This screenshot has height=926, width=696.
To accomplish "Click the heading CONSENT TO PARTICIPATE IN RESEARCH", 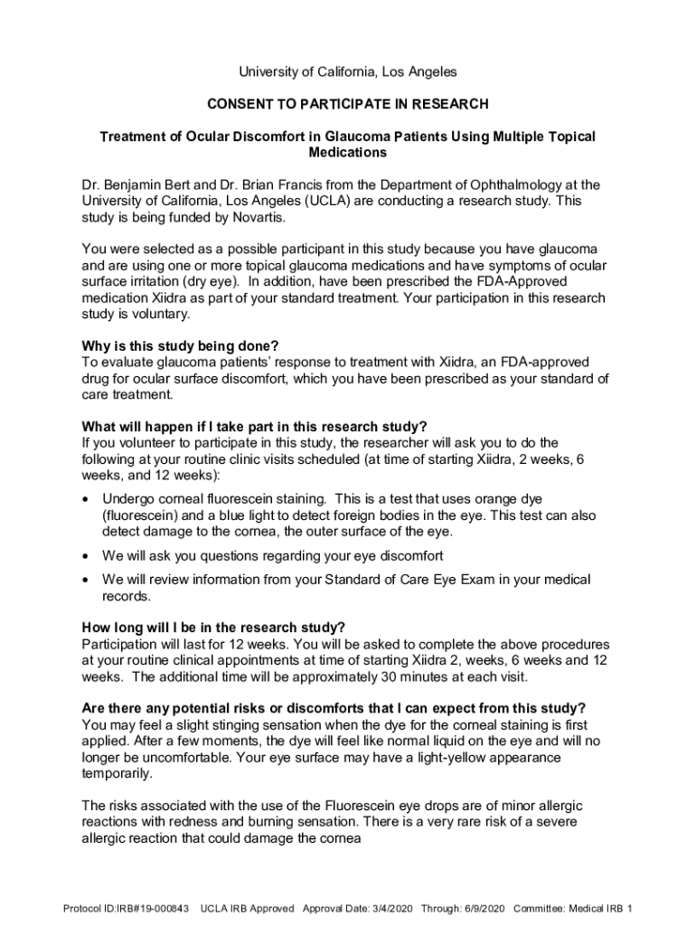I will tap(348, 104).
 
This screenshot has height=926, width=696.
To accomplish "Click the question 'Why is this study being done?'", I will tap(180, 345).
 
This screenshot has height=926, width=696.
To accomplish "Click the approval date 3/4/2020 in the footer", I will tap(405, 908).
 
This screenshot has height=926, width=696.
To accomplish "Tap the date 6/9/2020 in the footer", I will tap(480, 908).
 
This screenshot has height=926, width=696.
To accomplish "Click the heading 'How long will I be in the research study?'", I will tap(213, 628).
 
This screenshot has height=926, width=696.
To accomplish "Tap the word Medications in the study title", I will tap(348, 153).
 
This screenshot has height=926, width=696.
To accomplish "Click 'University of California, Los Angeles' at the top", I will tap(348, 71).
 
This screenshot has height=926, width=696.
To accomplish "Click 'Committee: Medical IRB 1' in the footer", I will tap(573, 908).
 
